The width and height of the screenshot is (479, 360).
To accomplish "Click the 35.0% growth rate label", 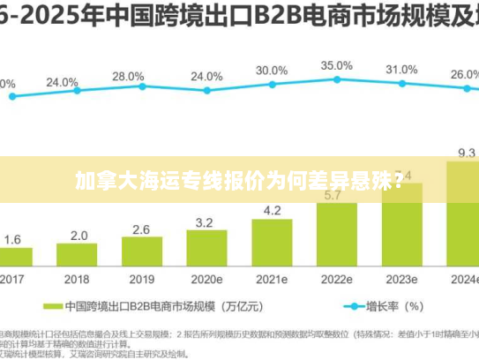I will [336, 65].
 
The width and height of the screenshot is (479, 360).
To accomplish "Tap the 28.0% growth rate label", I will [128, 76].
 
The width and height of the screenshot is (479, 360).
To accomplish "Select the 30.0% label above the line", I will [272, 70].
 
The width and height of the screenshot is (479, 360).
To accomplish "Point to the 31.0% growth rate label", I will [401, 69].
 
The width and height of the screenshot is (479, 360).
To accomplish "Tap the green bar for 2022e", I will [336, 234].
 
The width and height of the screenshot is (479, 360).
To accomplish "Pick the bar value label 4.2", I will [272, 210].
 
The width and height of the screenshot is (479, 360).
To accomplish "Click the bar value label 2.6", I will [141, 229].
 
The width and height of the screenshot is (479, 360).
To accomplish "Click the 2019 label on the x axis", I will [141, 278].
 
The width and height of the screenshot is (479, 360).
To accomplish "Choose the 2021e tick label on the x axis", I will [272, 278].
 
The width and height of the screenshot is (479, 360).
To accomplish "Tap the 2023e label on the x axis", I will [401, 278].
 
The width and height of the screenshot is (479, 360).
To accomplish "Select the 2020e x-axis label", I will [206, 278].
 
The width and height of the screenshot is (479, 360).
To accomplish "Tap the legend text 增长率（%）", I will [395, 307].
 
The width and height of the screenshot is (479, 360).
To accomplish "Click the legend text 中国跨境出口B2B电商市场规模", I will [150, 307].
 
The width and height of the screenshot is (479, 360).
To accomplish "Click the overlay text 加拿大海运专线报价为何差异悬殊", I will [239, 182].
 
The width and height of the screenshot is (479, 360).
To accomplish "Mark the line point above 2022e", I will [336, 79].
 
